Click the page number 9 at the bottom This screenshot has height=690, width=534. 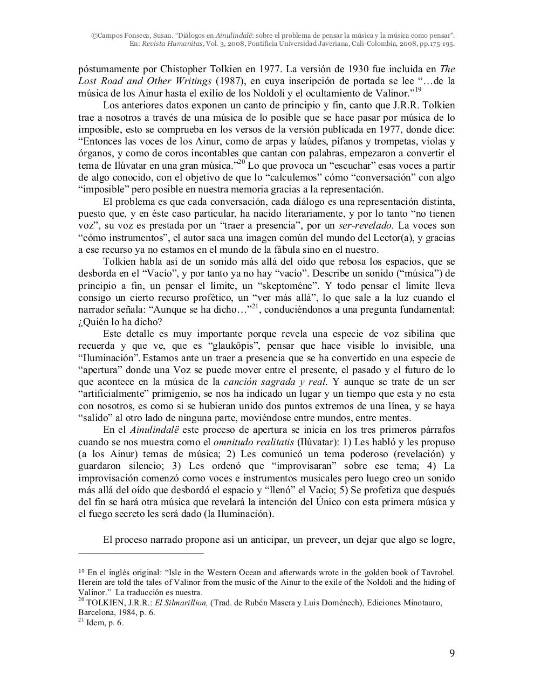(x=452, y=654)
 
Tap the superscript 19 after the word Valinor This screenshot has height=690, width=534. (x=418, y=90)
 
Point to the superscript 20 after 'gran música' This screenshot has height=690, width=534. (x=242, y=162)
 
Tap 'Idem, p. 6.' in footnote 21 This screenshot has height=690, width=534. (x=105, y=623)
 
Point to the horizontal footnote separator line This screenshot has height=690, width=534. (x=141, y=553)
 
